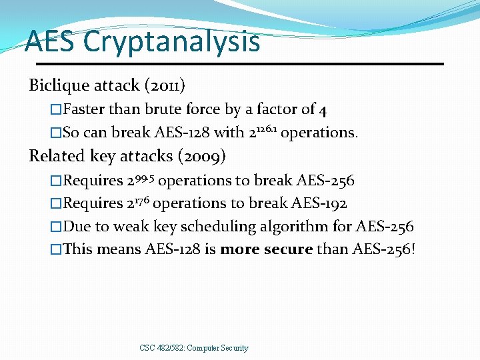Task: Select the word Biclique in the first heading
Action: [59, 85]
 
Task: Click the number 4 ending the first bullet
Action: [323, 109]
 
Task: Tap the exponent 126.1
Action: [267, 127]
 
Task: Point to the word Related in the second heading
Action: [55, 156]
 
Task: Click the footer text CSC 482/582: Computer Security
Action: [194, 348]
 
